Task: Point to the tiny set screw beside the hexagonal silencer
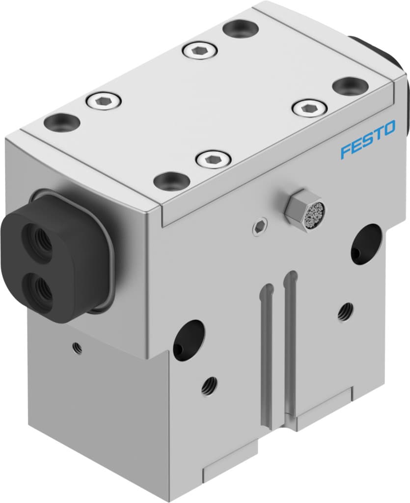(258, 226)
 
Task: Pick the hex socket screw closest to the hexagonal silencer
(213, 159)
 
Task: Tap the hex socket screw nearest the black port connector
(103, 101)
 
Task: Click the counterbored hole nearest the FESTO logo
(350, 86)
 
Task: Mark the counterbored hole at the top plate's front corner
(171, 181)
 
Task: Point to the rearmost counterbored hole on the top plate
(241, 28)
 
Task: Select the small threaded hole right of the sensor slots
(346, 311)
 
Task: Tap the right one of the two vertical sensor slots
(290, 344)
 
